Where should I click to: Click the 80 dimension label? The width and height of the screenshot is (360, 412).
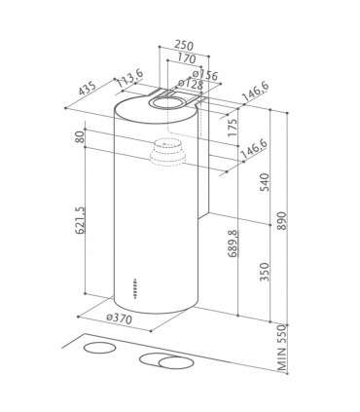79,139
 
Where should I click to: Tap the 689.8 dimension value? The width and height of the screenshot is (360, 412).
232,240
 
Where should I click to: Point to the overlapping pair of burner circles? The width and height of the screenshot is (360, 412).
167,362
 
